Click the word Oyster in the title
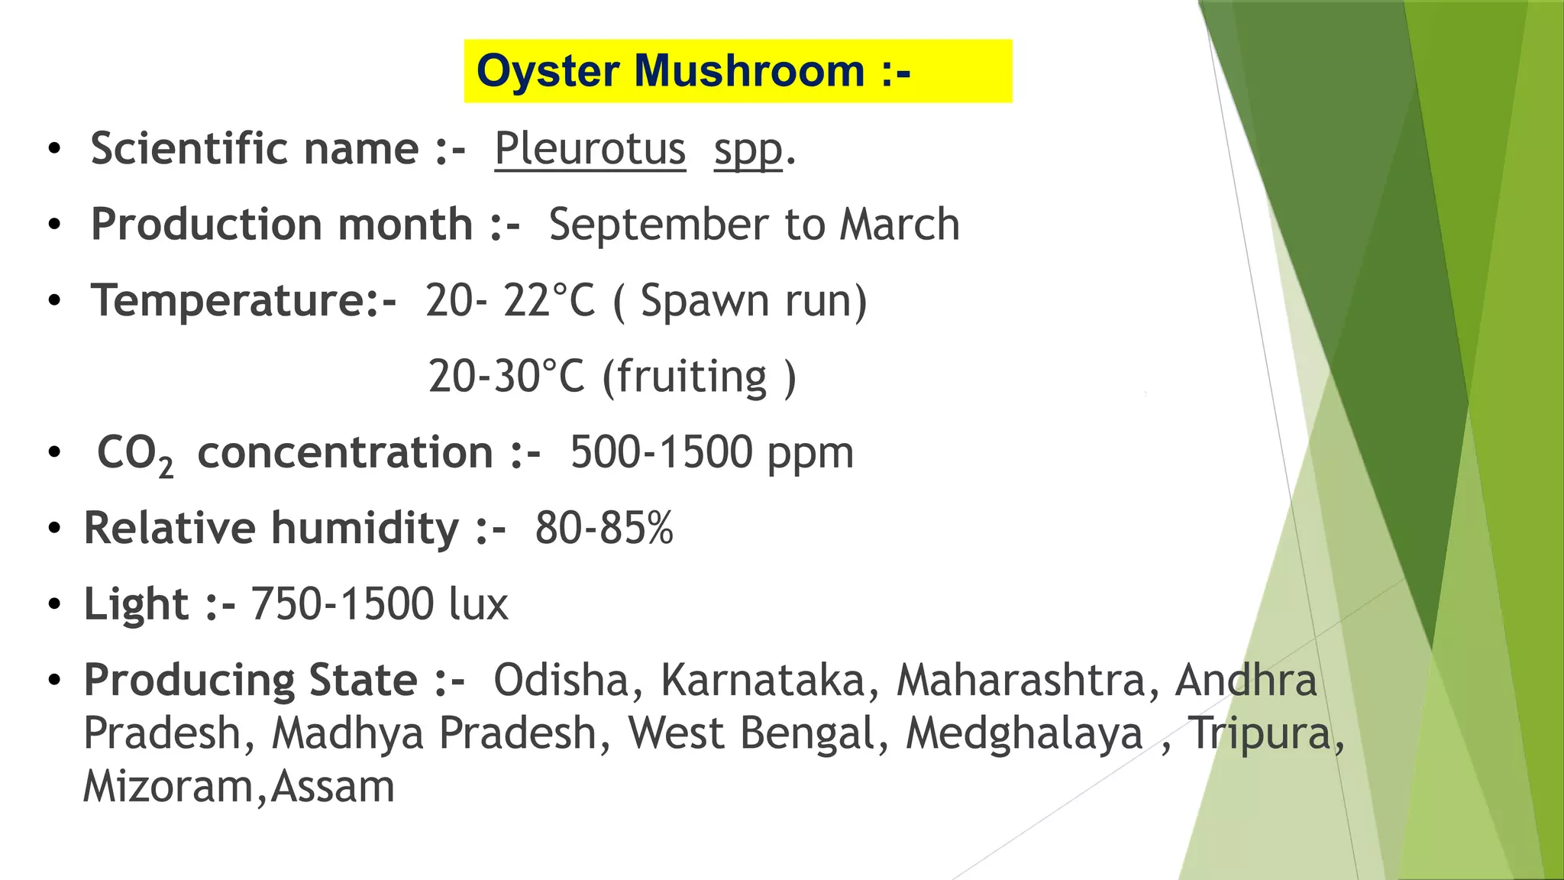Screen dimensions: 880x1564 tap(548, 72)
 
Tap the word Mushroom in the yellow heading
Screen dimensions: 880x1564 tap(749, 71)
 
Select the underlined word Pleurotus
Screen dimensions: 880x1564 tap(590, 148)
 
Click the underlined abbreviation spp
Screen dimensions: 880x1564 tap(748, 150)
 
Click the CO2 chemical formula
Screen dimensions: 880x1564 tap(134, 454)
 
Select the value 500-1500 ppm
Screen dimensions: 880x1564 tap(711, 452)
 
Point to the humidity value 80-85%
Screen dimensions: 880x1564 tap(603, 528)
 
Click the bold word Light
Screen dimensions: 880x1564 tap(136, 604)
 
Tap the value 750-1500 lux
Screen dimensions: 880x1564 tap(379, 604)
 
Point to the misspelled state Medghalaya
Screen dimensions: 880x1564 tap(1024, 733)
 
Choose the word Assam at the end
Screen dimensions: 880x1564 tap(333, 786)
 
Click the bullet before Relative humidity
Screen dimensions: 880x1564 tap(53, 529)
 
